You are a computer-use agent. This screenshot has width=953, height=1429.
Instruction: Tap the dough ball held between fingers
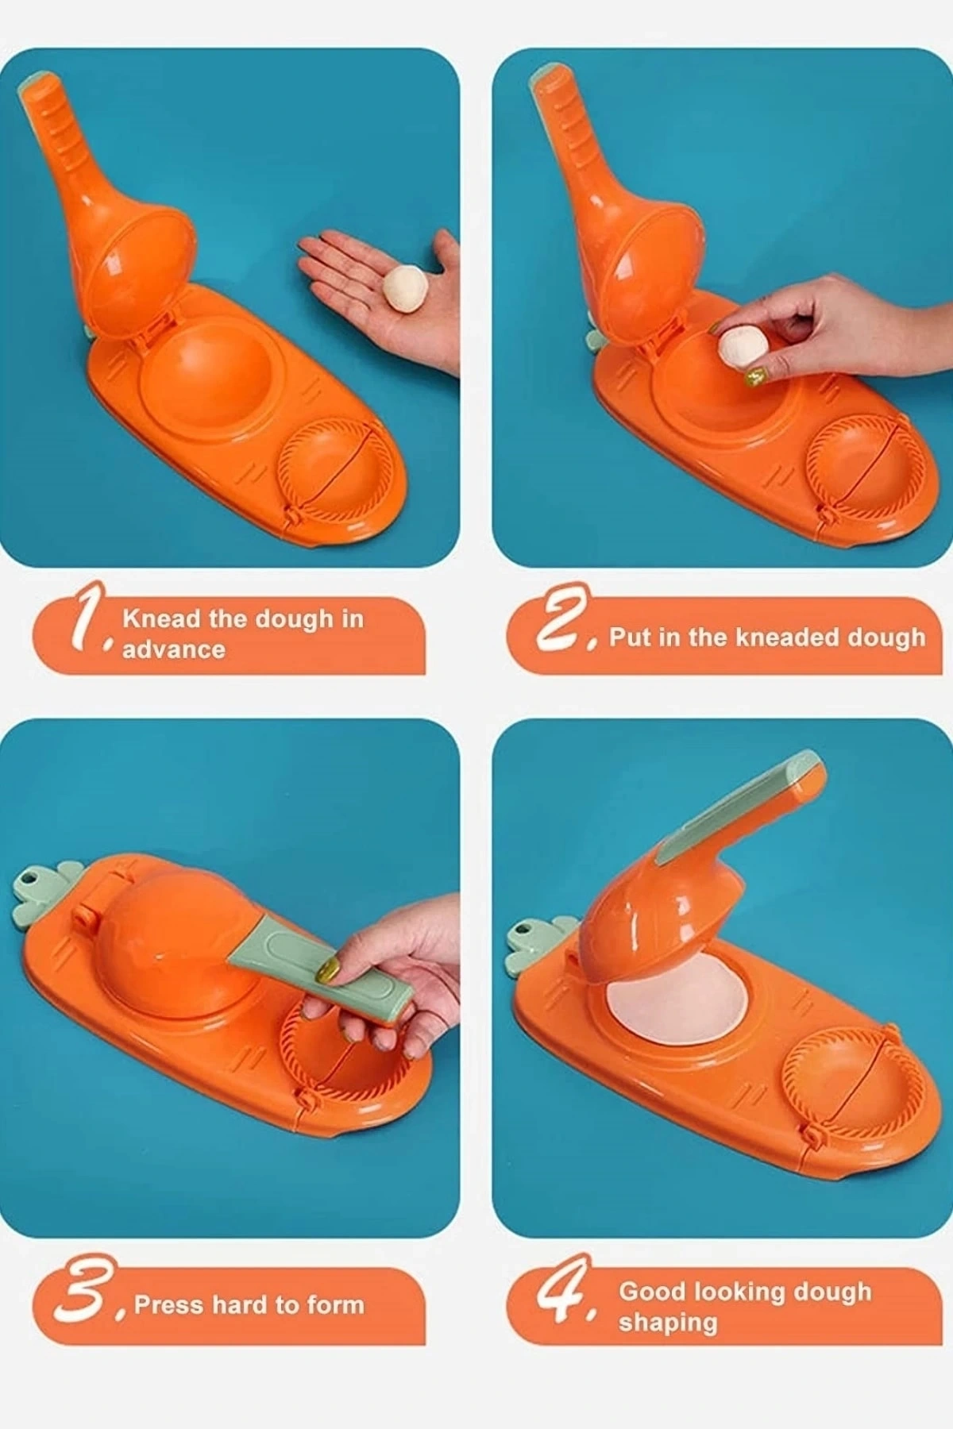coord(743,349)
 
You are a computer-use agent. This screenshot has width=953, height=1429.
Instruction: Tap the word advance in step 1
coord(174,649)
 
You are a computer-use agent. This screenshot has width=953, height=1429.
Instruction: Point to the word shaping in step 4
coord(668,1323)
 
